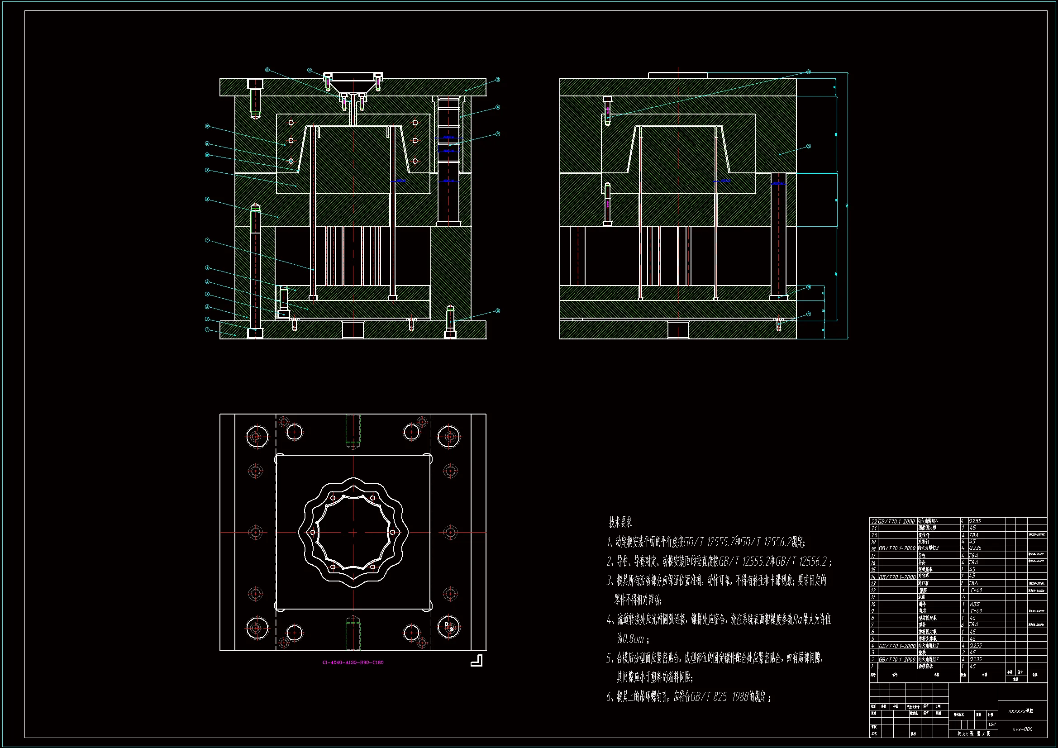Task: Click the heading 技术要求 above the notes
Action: [620, 523]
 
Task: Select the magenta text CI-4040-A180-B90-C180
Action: [353, 662]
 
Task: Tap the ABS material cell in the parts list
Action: [975, 604]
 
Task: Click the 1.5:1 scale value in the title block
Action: [991, 724]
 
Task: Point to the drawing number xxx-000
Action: [1022, 729]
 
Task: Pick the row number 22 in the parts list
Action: [873, 521]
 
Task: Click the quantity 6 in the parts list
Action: [963, 624]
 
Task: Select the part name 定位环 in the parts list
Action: [924, 576]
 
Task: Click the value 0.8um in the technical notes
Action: [630, 639]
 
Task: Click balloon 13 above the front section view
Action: [267, 70]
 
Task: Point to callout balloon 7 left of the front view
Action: [207, 240]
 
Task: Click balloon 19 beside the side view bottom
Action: [808, 314]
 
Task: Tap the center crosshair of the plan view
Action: [353, 532]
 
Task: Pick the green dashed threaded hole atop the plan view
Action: [353, 431]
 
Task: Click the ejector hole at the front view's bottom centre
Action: [353, 330]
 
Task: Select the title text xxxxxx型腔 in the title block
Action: [1021, 711]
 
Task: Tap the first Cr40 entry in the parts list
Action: [976, 590]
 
